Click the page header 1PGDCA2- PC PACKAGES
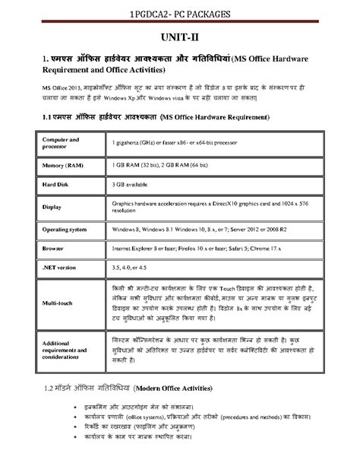pos(180,13)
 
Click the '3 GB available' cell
pos(134,184)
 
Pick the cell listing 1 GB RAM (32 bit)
pos(167,164)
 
